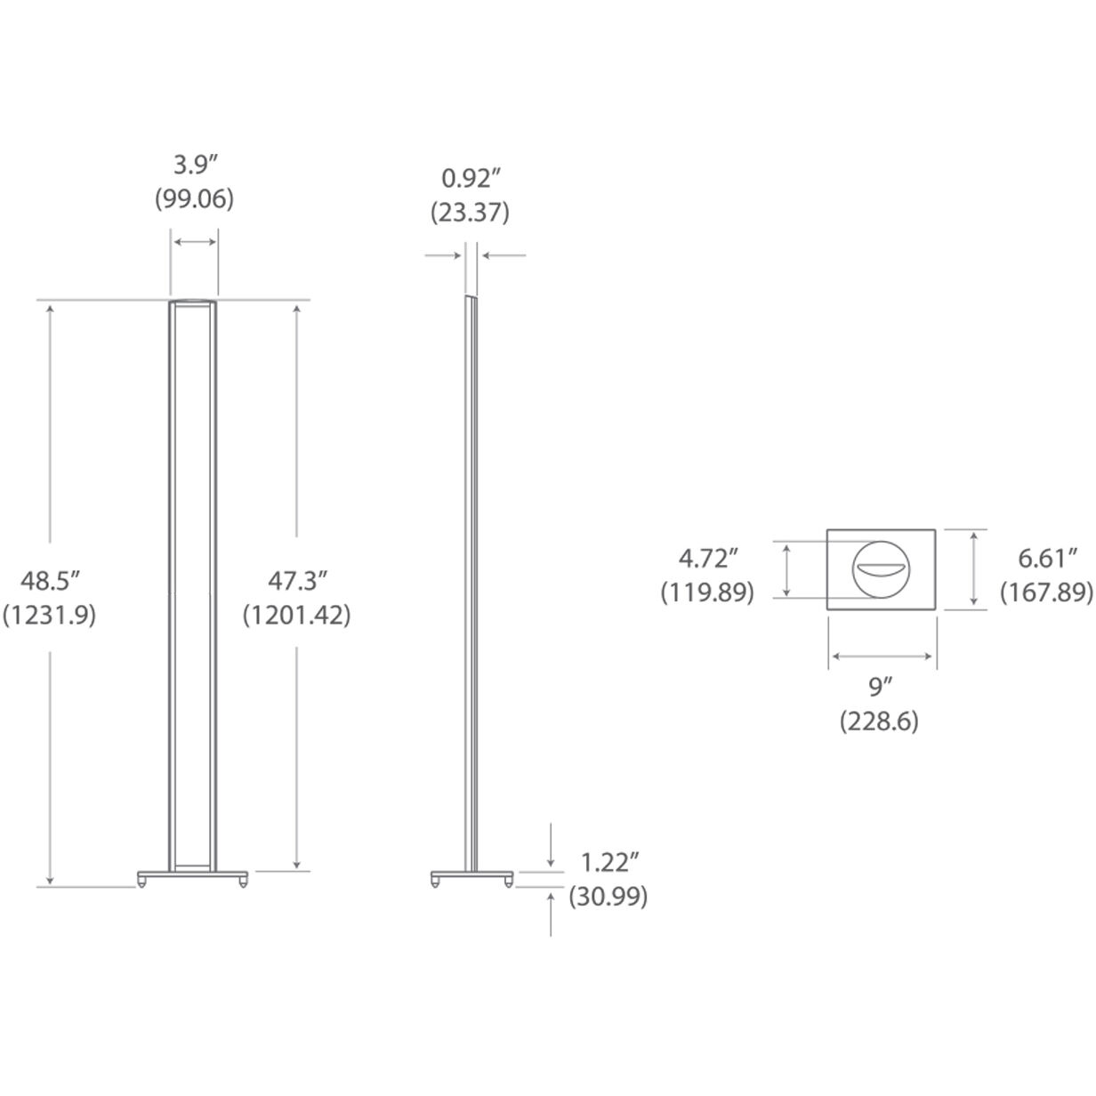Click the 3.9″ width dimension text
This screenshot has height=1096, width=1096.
coord(194,165)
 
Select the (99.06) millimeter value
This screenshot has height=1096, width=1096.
coord(194,199)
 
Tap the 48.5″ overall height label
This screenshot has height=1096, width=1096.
coord(51,581)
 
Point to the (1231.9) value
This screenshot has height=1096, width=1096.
coord(50,615)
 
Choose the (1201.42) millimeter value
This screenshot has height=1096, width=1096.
coord(297,615)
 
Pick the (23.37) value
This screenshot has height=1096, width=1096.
coord(470,214)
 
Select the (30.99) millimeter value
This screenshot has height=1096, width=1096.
coord(609,896)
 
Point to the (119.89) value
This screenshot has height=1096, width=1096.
coord(707,592)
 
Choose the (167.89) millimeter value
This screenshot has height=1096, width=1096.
coord(1047,592)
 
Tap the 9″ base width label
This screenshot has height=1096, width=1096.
coord(880,686)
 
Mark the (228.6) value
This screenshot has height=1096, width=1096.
coord(880,721)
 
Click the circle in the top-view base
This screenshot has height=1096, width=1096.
coord(881,570)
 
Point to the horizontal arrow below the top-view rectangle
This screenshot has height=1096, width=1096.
coord(882,657)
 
